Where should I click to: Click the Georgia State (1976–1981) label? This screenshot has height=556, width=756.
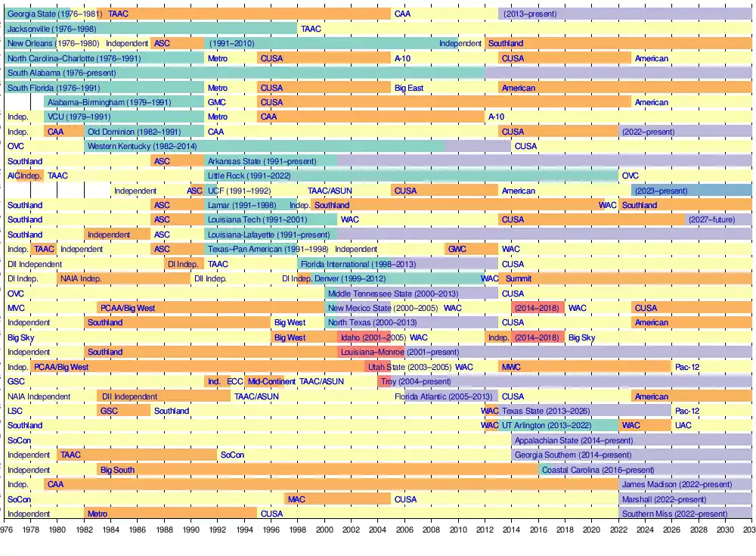[55, 14]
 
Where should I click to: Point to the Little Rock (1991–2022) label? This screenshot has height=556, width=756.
[249, 175]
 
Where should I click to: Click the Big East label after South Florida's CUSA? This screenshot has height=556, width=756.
[409, 88]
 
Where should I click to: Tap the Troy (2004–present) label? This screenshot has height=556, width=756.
[415, 381]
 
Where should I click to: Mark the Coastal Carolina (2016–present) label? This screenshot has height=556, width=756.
[587, 470]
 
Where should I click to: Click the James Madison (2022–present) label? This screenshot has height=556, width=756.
[677, 484]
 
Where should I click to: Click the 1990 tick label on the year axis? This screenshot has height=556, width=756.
[191, 530]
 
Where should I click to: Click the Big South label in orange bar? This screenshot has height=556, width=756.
[117, 470]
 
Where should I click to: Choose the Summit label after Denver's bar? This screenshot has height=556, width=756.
[519, 278]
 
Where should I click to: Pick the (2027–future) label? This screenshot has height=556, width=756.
[711, 219]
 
